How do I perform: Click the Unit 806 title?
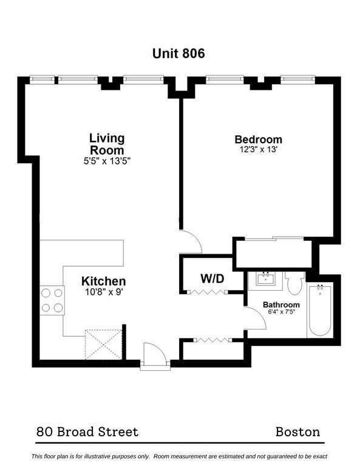point(178,53)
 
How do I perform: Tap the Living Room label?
point(107,144)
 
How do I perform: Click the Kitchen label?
point(104,281)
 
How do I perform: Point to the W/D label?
point(212,279)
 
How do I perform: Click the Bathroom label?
point(281,305)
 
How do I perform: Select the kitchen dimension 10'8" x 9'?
point(104,291)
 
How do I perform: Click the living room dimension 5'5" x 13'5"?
point(107,161)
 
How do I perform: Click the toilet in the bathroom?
point(295,284)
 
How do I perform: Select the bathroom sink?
point(265,280)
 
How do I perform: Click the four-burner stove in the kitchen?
point(52,299)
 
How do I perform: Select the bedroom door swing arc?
point(191,241)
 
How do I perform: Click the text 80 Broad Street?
point(87,432)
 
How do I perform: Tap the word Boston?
point(297,432)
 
